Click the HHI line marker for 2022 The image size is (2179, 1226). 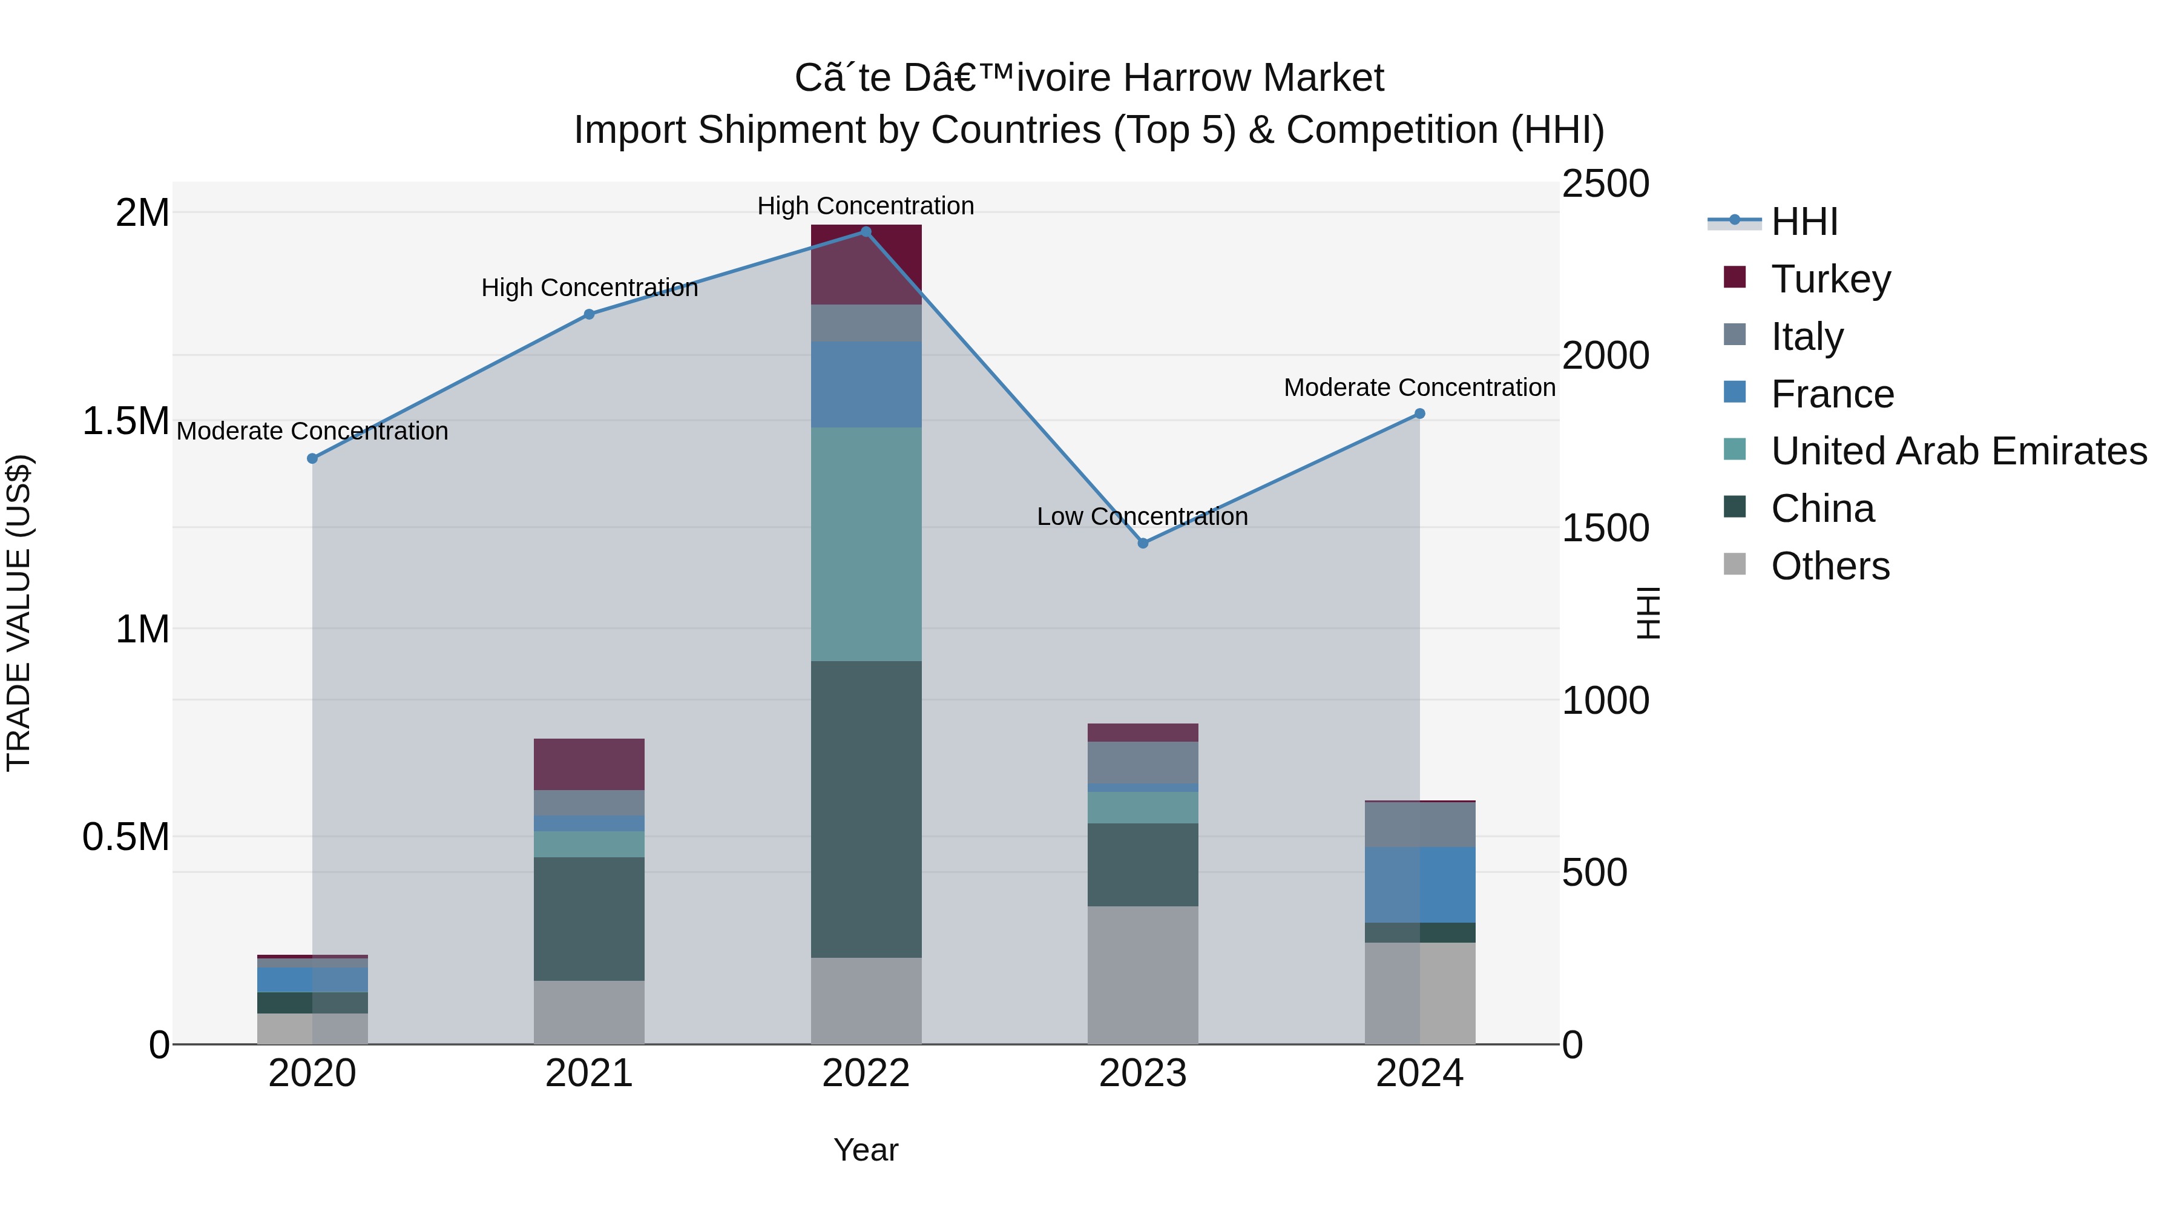pyautogui.click(x=866, y=232)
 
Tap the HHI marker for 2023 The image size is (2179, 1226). pyautogui.click(x=1143, y=543)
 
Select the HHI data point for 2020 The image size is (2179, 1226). pyautogui.click(x=312, y=458)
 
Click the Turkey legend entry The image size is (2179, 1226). pyautogui.click(x=1830, y=279)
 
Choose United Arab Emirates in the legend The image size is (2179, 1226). pyautogui.click(x=1958, y=451)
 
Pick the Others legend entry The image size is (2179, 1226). pyautogui.click(x=1830, y=566)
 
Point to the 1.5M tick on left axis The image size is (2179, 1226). pyautogui.click(x=125, y=421)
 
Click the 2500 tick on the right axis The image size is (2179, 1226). pyautogui.click(x=1605, y=185)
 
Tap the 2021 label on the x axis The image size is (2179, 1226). pyautogui.click(x=589, y=1073)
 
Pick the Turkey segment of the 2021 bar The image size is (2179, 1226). pyautogui.click(x=589, y=763)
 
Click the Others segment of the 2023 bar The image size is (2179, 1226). pyautogui.click(x=1143, y=974)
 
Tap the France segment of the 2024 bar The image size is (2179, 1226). pyautogui.click(x=1419, y=884)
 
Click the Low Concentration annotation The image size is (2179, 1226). pyautogui.click(x=1142, y=516)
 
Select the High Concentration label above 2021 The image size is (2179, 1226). pyautogui.click(x=589, y=288)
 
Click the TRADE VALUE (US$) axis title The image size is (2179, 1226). pyautogui.click(x=19, y=613)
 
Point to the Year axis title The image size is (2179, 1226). pyautogui.click(x=866, y=1150)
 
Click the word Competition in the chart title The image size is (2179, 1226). pyautogui.click(x=1392, y=130)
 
